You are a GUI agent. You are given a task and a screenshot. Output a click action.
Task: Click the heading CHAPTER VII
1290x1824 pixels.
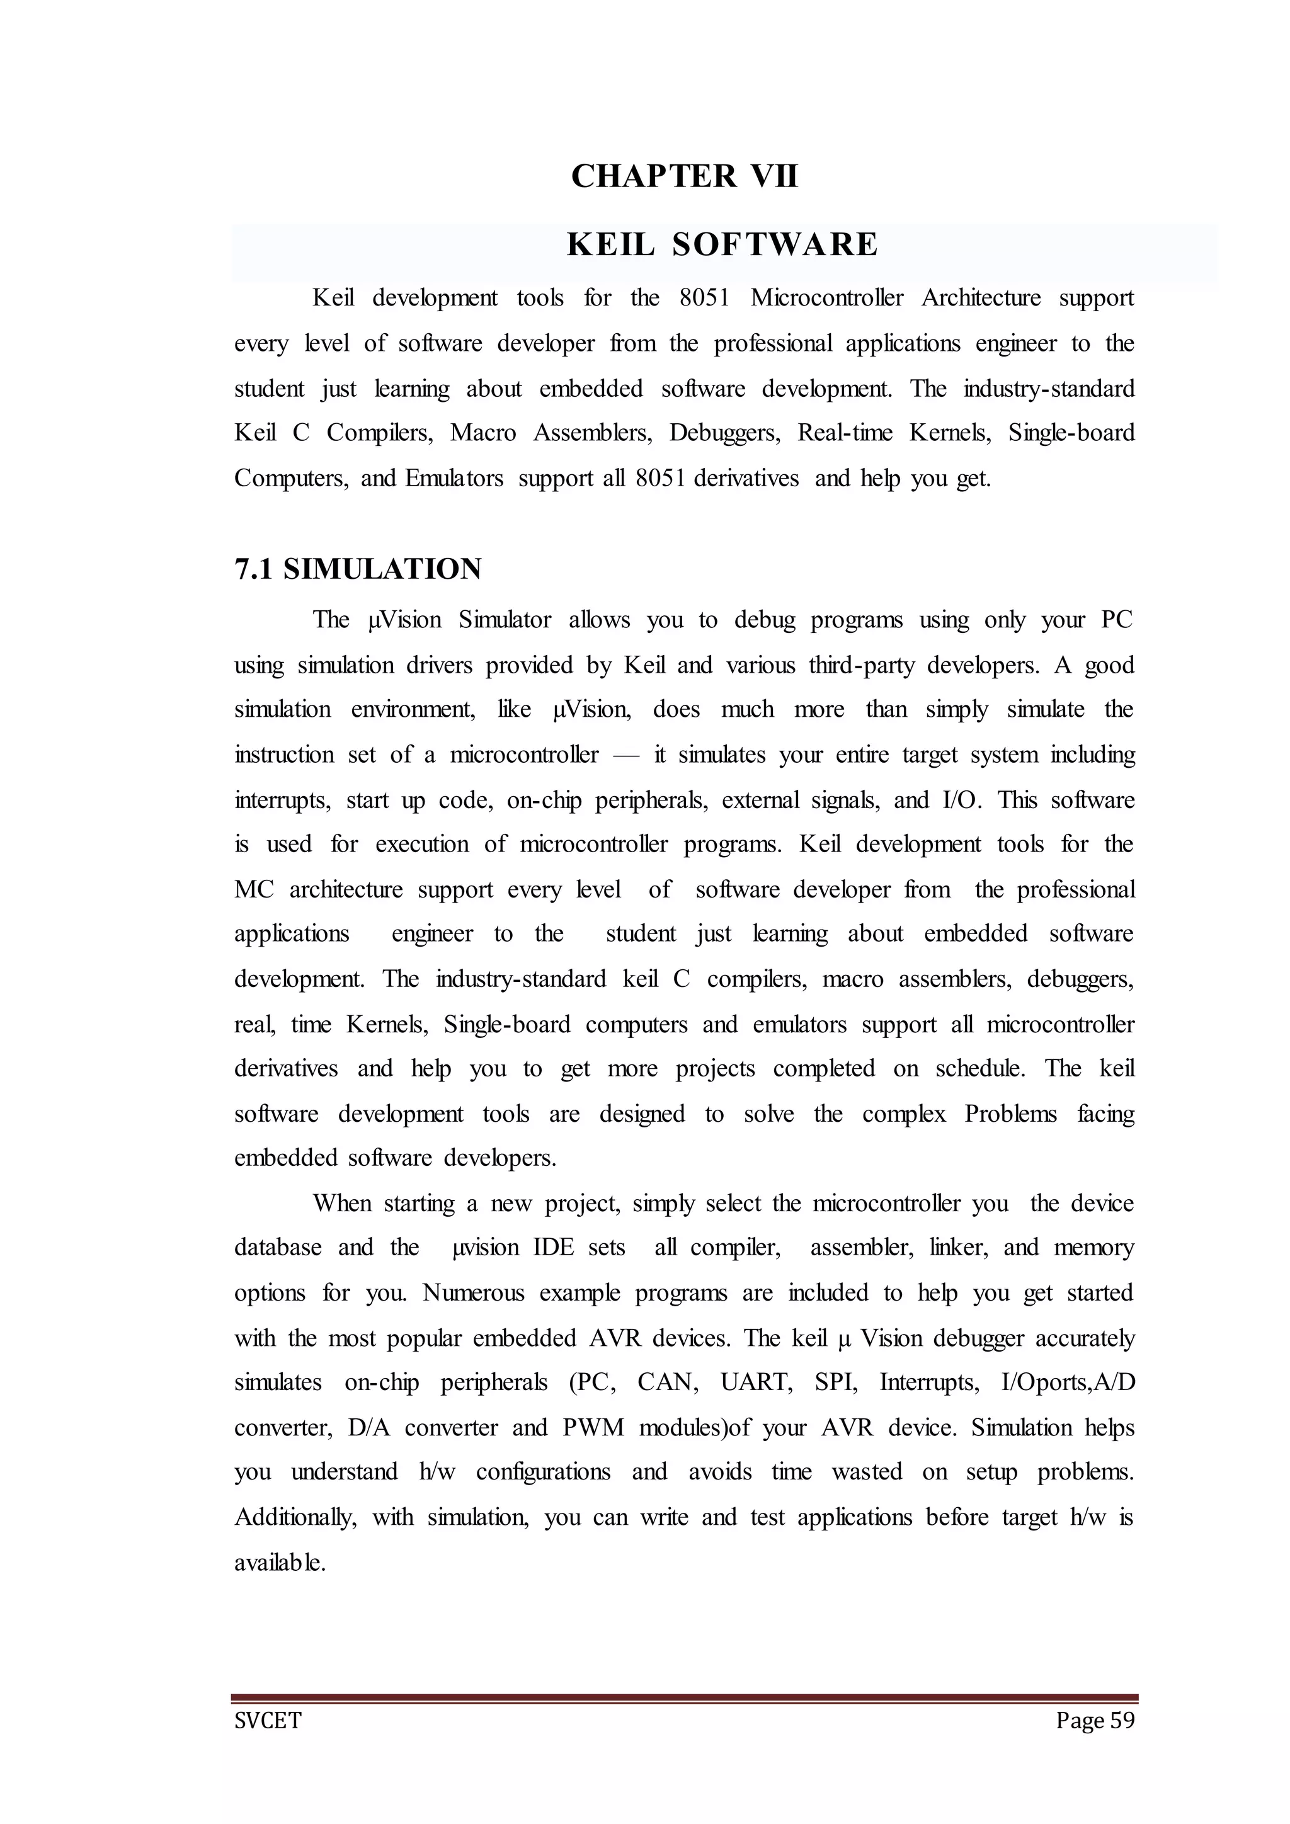pos(684,176)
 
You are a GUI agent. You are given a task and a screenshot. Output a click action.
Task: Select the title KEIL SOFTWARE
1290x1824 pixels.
pos(722,244)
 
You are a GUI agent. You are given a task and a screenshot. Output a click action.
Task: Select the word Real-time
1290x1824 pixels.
pos(845,433)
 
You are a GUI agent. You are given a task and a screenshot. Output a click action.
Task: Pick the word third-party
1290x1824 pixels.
pos(859,665)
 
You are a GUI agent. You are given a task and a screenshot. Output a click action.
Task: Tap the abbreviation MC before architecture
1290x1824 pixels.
pos(253,890)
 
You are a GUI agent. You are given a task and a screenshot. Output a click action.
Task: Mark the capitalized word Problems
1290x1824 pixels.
pos(1010,1114)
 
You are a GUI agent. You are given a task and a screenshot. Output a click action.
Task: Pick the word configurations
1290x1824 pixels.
pos(544,1472)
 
